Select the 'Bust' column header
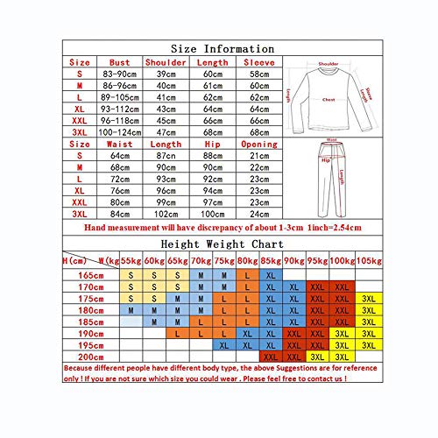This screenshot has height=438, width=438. point(120,63)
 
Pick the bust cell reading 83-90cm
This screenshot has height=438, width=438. point(120,76)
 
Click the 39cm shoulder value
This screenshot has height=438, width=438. point(166,76)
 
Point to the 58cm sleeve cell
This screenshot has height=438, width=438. point(258,76)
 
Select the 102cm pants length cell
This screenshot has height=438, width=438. point(166,213)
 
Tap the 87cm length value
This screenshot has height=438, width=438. point(166,156)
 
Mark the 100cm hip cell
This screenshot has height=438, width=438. point(211,213)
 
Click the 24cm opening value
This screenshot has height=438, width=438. point(258,213)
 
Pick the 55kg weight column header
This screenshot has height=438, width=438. point(130,259)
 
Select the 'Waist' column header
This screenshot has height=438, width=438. point(120,142)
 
